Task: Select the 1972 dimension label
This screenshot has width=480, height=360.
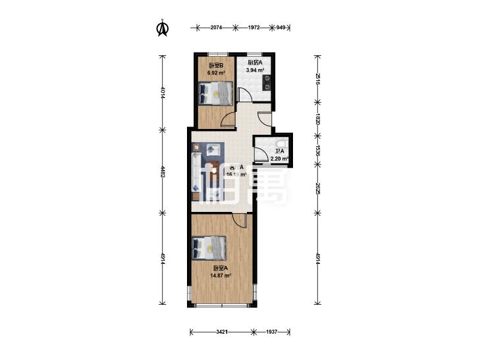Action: [x=255, y=28]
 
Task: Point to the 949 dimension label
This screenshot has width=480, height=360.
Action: [x=281, y=28]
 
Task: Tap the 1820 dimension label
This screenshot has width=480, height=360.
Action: [x=317, y=120]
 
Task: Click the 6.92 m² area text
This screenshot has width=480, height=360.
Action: [x=216, y=73]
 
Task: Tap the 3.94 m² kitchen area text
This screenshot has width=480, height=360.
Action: [x=255, y=70]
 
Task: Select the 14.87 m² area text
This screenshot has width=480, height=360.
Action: [x=221, y=276]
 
